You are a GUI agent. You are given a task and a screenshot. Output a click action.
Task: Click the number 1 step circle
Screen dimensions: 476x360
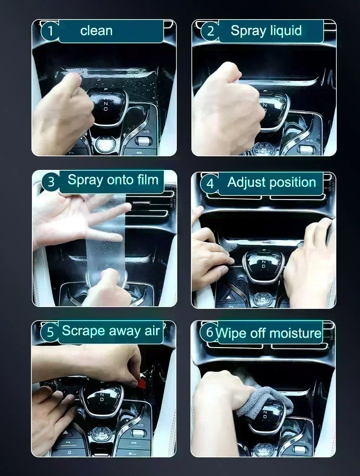51,31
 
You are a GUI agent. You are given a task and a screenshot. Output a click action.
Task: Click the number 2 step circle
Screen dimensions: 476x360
210,31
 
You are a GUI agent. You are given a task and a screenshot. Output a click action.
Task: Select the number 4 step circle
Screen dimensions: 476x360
210,184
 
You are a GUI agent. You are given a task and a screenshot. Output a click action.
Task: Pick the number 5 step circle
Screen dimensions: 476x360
50,332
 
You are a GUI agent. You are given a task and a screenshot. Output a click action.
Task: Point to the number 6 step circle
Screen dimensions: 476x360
209,332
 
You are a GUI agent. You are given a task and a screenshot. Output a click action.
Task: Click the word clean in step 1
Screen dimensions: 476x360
96,31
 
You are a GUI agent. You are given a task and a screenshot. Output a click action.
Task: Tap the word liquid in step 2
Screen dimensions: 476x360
285,31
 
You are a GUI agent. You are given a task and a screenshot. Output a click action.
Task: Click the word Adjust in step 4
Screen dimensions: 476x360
249,183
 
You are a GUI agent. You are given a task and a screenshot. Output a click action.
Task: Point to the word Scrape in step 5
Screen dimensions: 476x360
84,331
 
